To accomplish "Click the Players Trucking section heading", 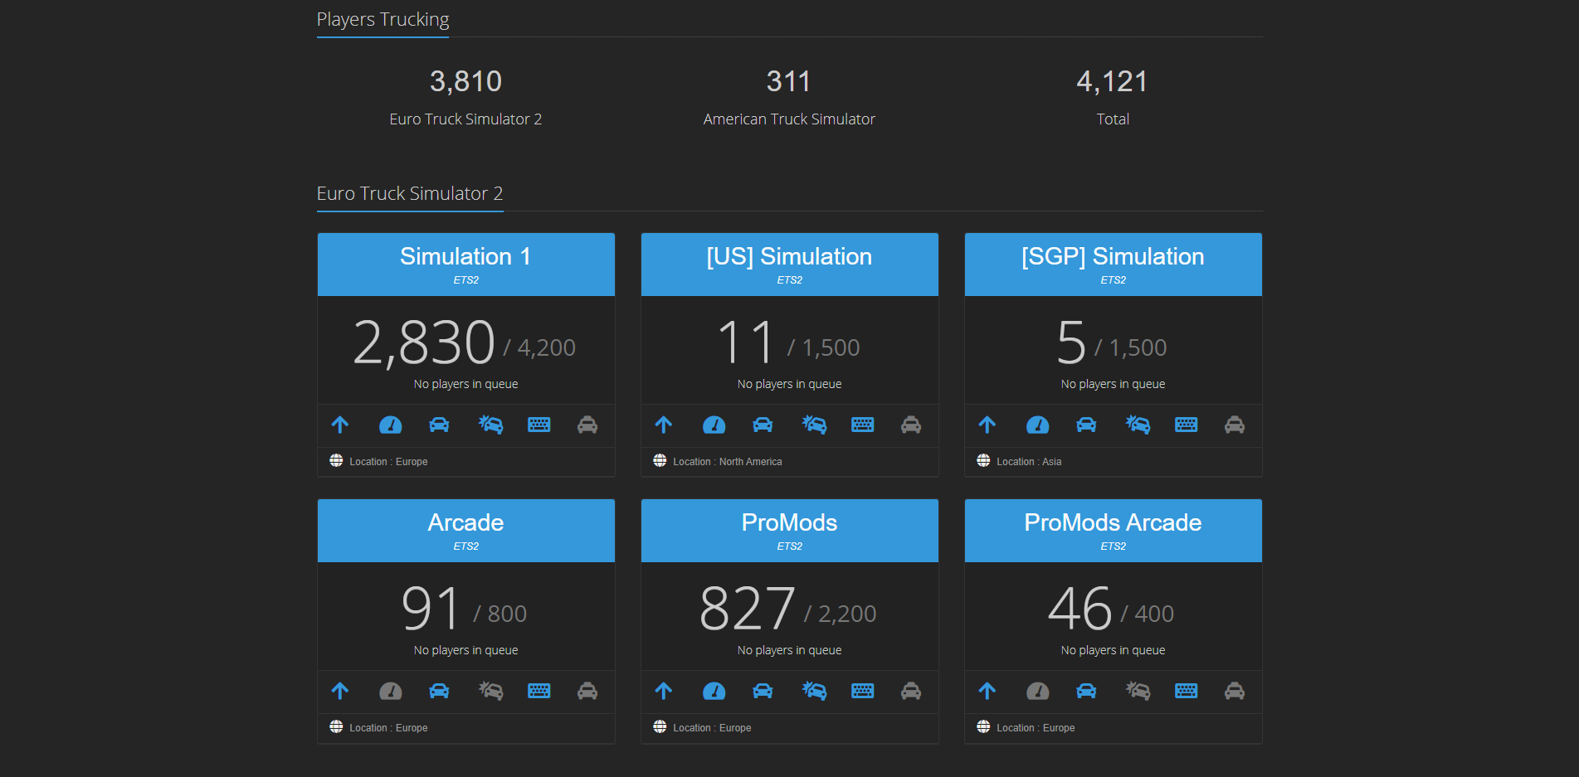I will [x=383, y=19].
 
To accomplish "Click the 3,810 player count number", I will [x=465, y=81].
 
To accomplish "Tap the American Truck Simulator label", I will [x=789, y=119].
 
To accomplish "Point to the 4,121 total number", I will [x=1112, y=81].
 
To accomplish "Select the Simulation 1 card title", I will [x=465, y=256].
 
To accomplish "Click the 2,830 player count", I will [x=424, y=342].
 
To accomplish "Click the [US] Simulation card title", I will [x=789, y=256].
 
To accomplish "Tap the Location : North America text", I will [x=727, y=462].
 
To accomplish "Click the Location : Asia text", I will [x=1029, y=462].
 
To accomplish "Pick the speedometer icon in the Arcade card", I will [x=390, y=692].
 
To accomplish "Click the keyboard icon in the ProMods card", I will [x=862, y=692].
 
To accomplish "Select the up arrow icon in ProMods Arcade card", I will [x=987, y=691].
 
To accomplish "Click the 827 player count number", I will [x=747, y=609].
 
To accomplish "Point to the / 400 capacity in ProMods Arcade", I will [x=1148, y=614].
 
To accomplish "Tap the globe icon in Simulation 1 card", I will [x=336, y=460].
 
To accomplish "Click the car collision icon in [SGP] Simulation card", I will [x=1138, y=425].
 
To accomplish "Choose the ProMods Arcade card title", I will [x=1113, y=522].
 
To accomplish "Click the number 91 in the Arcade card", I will [x=430, y=609].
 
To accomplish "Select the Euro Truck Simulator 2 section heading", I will [x=410, y=193].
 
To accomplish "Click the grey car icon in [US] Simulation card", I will [x=911, y=425].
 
